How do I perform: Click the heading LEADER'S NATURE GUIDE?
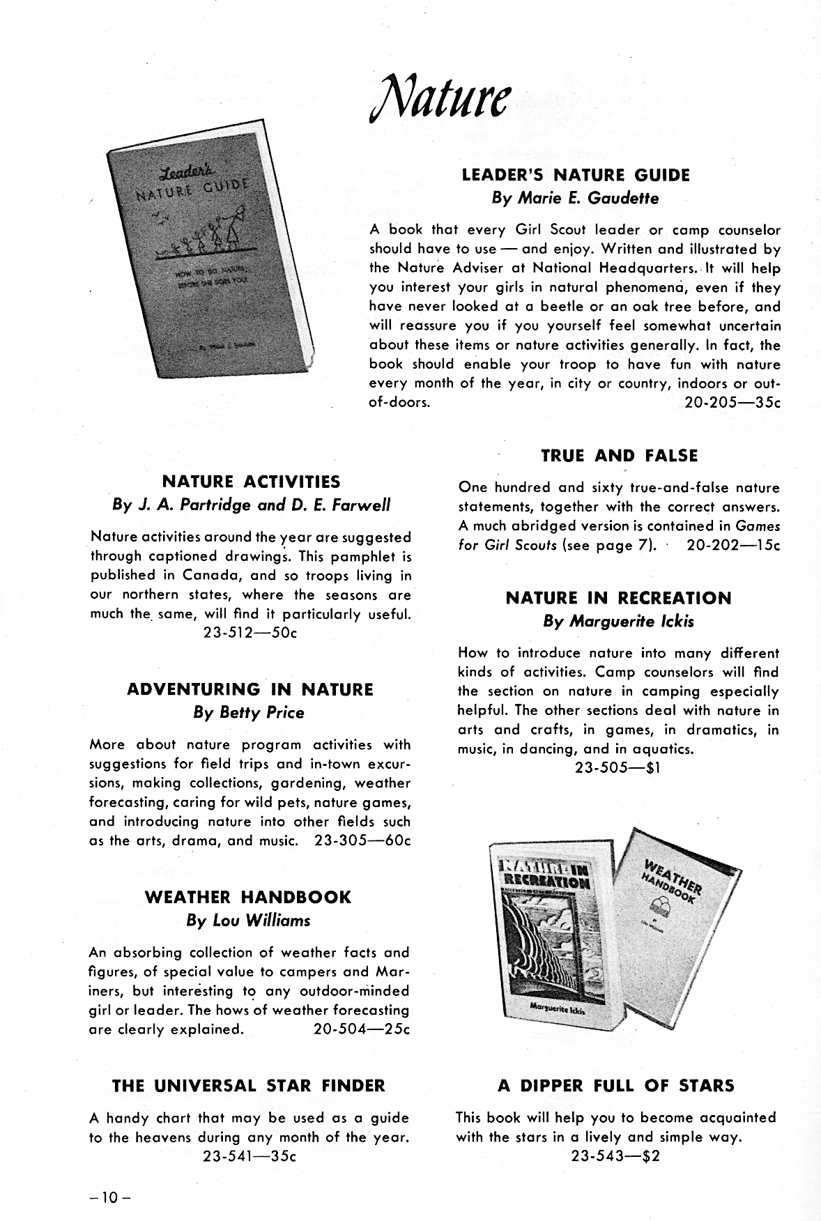click(x=576, y=175)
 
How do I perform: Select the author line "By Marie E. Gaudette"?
click(x=575, y=198)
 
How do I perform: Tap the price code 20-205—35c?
click(x=732, y=403)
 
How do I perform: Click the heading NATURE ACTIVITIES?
click(x=251, y=482)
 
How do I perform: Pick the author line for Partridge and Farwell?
click(x=251, y=505)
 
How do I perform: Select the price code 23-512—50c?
click(x=250, y=633)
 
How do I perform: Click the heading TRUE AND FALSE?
click(x=619, y=456)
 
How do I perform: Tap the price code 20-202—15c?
click(x=733, y=545)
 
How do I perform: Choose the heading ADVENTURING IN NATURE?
click(x=250, y=689)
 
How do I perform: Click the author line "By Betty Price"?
click(x=249, y=713)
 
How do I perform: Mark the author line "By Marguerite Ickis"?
click(x=619, y=621)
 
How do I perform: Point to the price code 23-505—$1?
click(x=617, y=768)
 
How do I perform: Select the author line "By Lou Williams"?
click(x=249, y=921)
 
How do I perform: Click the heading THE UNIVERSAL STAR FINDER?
click(x=249, y=1085)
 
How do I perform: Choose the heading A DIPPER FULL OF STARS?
click(x=616, y=1085)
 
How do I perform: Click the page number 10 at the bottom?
click(x=110, y=1199)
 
